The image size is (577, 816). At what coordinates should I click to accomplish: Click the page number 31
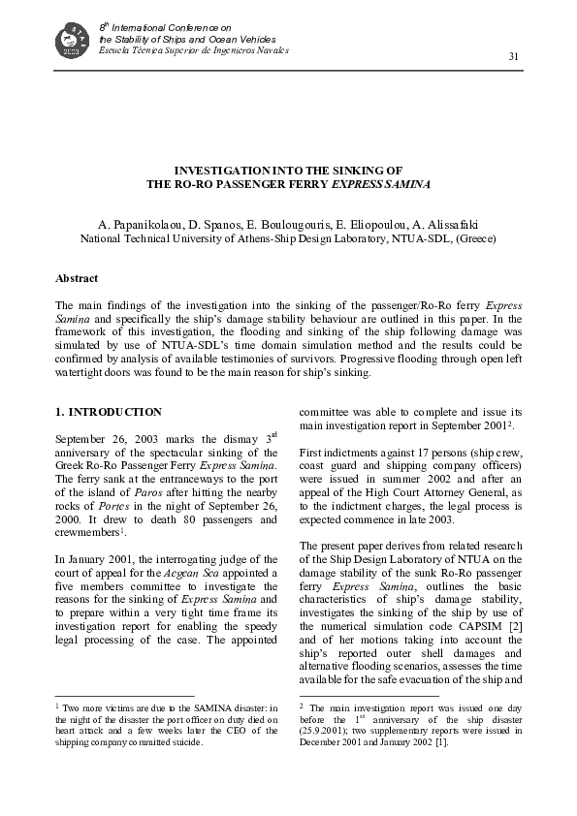pos(514,57)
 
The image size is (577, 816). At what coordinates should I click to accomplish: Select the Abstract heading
pos(77,278)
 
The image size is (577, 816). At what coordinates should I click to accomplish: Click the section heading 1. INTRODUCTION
pos(109,412)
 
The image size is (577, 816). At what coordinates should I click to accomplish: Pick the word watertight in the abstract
pos(82,371)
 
